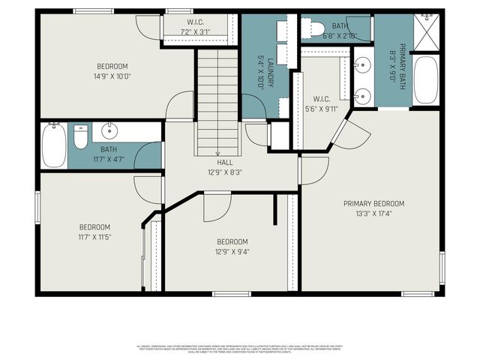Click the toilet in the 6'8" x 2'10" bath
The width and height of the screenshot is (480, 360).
pyautogui.click(x=308, y=28)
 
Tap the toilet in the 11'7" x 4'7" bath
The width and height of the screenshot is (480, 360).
pyautogui.click(x=80, y=138)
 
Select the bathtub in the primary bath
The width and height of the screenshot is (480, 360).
pyautogui.click(x=425, y=80)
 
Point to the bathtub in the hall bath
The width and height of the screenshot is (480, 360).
pyautogui.click(x=53, y=145)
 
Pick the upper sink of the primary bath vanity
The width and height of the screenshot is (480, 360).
pyautogui.click(x=361, y=62)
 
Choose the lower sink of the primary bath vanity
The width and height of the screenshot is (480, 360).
pyautogui.click(x=361, y=94)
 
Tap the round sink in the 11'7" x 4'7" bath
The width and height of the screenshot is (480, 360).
pyautogui.click(x=109, y=128)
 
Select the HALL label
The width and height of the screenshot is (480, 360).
pyautogui.click(x=225, y=162)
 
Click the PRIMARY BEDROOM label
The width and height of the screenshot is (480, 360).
pyautogui.click(x=373, y=203)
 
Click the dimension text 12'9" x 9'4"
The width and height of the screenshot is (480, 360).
pyautogui.click(x=232, y=252)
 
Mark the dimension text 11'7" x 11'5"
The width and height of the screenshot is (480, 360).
pyautogui.click(x=95, y=238)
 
